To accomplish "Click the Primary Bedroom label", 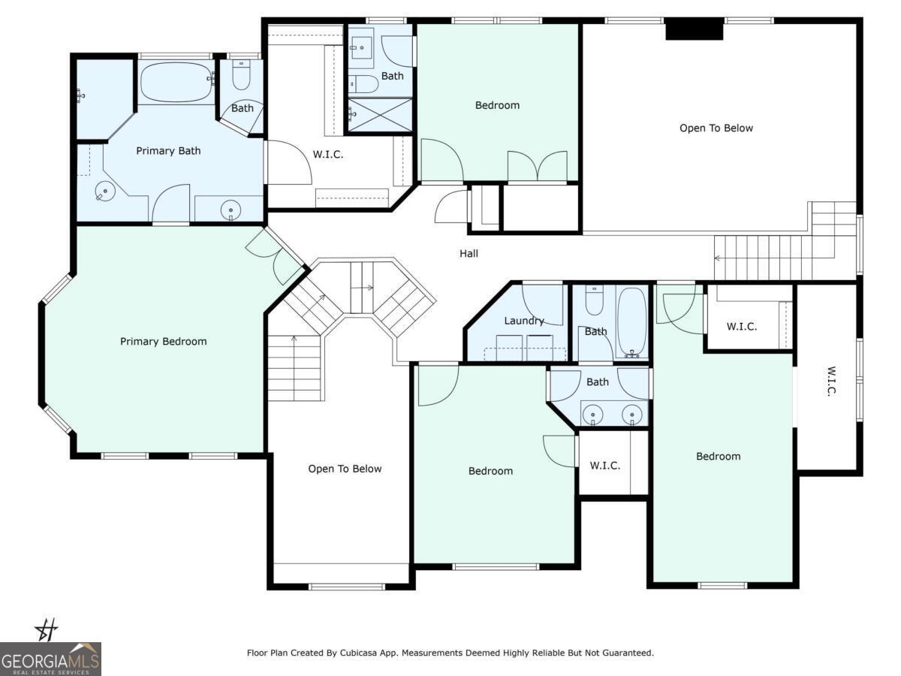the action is click(164, 342).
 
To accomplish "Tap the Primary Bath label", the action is click(168, 151).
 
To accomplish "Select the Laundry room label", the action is click(524, 321).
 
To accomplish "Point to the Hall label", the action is click(469, 254).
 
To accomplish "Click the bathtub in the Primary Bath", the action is click(177, 82).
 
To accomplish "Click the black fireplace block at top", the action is click(694, 29).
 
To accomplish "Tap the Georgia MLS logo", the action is click(50, 659).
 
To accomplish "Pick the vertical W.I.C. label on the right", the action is click(830, 382).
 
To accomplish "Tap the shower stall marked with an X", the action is click(380, 116).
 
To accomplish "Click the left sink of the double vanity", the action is click(592, 413).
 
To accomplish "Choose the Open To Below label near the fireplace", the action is click(716, 128).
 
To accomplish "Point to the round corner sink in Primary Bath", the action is click(104, 191).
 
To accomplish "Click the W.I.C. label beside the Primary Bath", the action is click(328, 154).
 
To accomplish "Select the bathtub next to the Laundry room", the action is click(631, 321).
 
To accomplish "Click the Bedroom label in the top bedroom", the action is click(497, 105).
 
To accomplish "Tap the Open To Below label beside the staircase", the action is click(345, 469).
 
